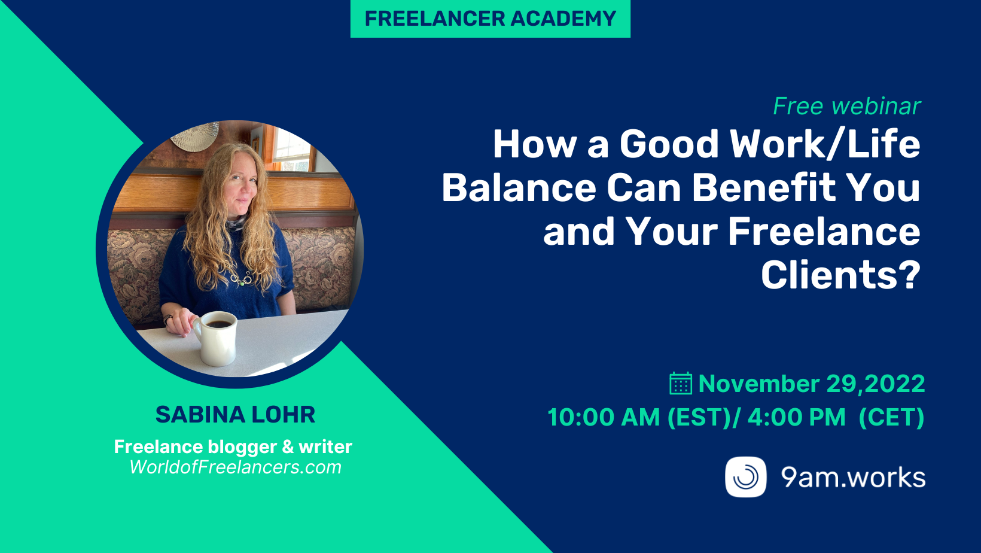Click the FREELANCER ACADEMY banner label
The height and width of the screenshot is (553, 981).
point(490,19)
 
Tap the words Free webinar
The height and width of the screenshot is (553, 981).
point(846,107)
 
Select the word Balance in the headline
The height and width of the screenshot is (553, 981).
point(519,188)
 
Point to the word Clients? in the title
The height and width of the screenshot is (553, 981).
point(840,275)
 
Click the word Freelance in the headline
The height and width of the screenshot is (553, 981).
point(824,232)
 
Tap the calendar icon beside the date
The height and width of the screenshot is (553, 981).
point(680,384)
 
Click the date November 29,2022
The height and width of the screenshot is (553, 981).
point(812,384)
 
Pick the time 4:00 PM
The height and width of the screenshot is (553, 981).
point(796,417)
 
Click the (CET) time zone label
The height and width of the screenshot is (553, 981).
point(891,417)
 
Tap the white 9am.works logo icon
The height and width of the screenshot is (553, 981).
point(745,477)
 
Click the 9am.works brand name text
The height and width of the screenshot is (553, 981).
point(853,478)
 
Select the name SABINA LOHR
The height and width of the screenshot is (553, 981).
point(235,414)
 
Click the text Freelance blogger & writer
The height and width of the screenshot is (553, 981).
point(233,446)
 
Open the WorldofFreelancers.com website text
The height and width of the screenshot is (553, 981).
point(235,467)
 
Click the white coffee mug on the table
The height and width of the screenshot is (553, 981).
point(216,337)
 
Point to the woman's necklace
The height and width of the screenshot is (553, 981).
point(242,278)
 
